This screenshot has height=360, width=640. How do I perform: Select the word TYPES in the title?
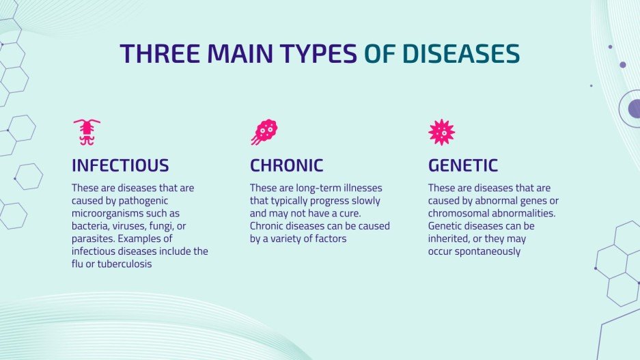(318, 54)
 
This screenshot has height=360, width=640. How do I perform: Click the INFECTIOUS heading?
(120, 165)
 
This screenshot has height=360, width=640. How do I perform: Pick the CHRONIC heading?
(286, 165)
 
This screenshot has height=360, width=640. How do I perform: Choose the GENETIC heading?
(463, 165)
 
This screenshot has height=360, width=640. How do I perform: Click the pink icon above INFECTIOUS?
(87, 132)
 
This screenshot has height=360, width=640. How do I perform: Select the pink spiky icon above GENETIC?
(441, 132)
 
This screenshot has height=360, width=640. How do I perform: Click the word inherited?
(451, 239)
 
